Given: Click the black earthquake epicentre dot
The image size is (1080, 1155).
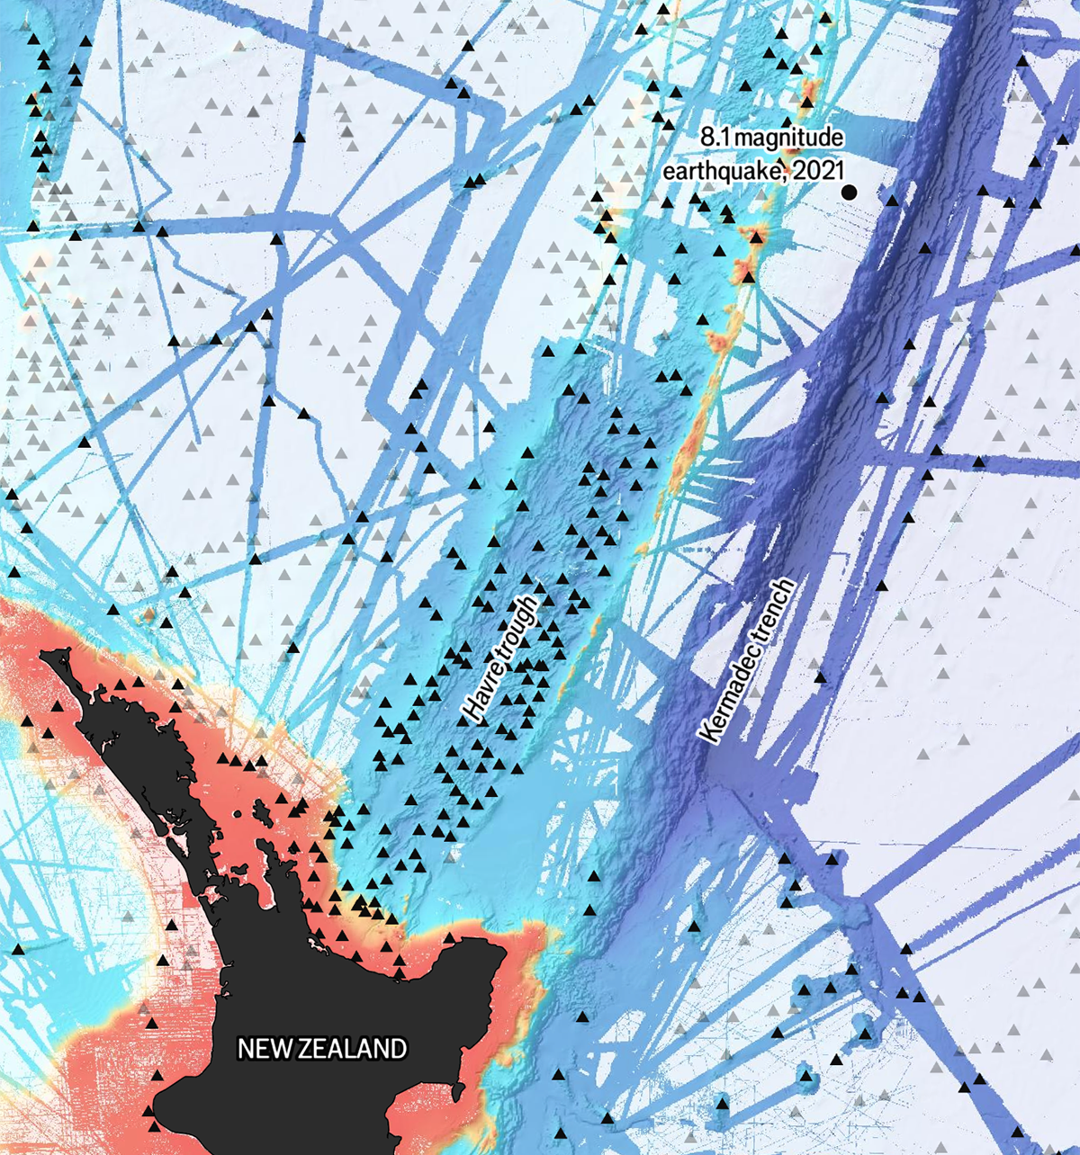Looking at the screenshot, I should [848, 192].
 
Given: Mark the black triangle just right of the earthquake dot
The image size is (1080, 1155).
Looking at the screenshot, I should [892, 200].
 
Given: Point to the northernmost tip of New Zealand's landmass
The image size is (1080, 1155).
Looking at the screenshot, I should [45, 657].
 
